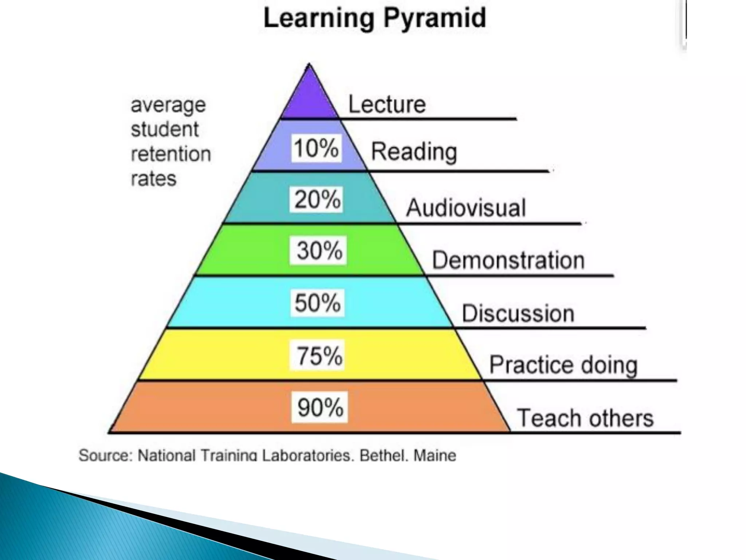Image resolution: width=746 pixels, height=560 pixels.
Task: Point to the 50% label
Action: click(x=317, y=303)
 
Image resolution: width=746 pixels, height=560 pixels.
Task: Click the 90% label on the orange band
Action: click(x=320, y=407)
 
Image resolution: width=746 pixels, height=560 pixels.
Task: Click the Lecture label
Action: click(x=387, y=105)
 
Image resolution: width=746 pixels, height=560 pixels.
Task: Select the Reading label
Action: click(x=414, y=152)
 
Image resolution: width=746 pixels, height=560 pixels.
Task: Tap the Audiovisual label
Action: click(x=466, y=208)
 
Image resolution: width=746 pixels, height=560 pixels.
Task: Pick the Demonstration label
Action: click(x=508, y=260)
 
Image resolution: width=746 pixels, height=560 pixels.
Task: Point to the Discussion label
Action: click(x=518, y=314)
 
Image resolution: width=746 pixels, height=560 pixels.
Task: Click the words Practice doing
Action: click(x=563, y=365)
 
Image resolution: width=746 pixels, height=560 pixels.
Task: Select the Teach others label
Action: click(x=585, y=418)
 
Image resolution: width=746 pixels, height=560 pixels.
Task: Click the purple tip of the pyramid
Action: click(x=310, y=97)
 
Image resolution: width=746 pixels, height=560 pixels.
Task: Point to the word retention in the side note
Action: click(x=171, y=154)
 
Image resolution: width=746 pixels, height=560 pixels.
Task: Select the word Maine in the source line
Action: click(x=435, y=456)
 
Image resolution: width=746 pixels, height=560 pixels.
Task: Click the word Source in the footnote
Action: click(x=106, y=456)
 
